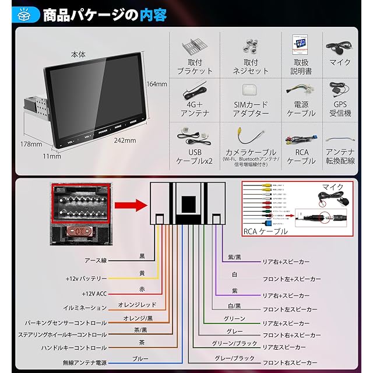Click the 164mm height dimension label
[157, 83]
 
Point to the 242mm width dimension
[125, 140]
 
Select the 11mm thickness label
[52, 156]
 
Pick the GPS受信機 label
[340, 109]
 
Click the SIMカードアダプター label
[251, 109]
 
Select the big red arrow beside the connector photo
[129, 205]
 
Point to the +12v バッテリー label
[86, 278]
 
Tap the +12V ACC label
[94, 293]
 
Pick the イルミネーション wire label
[85, 308]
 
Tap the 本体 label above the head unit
[78, 54]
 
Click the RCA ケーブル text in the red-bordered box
[265, 231]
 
